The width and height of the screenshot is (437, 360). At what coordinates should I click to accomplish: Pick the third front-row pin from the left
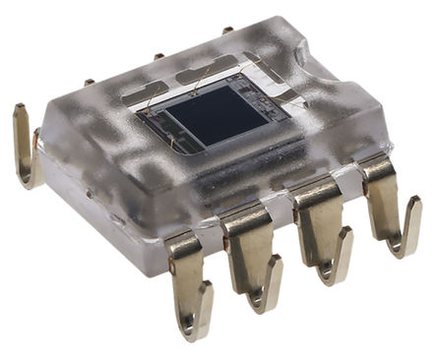(320, 231)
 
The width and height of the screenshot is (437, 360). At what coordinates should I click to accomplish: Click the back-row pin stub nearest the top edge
(228, 30)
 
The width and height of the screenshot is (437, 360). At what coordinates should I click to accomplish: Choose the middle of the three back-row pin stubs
(158, 55)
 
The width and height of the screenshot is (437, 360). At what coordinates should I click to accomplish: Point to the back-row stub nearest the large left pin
(89, 82)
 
